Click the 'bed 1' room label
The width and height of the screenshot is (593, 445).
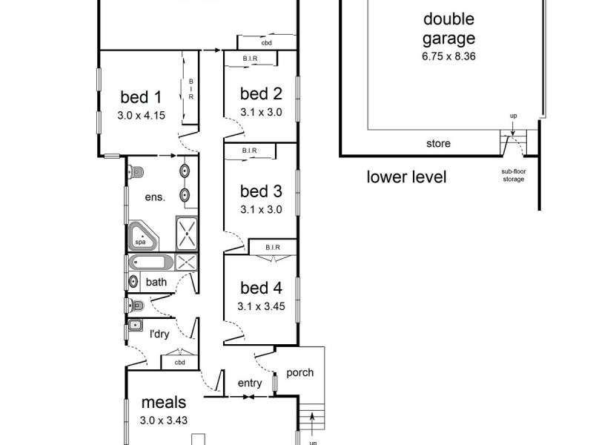140,96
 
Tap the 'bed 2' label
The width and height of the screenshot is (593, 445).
261,93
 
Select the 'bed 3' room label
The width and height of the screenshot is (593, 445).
261,192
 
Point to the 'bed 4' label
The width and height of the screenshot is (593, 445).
261,287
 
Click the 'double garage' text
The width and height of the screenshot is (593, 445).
448,28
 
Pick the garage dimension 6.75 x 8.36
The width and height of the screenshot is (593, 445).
448,56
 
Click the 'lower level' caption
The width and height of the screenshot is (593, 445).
407,177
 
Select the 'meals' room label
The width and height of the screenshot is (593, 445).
164,403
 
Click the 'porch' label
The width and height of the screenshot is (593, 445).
299,372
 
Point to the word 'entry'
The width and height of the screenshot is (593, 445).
249,383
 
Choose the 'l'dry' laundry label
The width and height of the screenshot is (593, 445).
159,334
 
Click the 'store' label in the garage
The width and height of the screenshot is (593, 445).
438,143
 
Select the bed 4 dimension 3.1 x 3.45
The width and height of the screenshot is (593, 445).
261,305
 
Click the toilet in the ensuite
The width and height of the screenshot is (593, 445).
134,173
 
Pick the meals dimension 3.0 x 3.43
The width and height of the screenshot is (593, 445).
164,420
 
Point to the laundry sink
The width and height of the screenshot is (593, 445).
135,326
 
